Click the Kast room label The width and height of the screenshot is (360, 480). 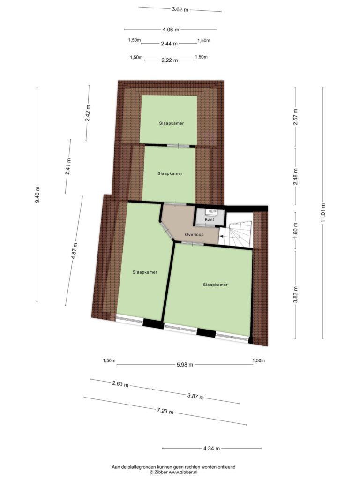coord(210,219)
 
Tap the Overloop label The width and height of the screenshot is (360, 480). coord(194,235)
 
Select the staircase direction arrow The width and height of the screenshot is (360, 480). coord(221,236)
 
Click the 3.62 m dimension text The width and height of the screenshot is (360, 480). coord(180,9)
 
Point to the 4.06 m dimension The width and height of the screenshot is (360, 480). coord(171,30)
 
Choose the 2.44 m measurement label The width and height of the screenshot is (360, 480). coord(169,44)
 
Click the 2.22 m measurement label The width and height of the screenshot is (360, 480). coord(170,60)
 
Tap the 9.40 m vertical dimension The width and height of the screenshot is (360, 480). coord(37,195)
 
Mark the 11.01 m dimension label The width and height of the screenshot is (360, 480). coord(323,213)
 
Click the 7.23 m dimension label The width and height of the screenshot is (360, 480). coord(165,411)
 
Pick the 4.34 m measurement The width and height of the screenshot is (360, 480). coord(211,449)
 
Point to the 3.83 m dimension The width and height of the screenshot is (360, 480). coord(295,294)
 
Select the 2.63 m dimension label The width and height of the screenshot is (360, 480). coord(120,384)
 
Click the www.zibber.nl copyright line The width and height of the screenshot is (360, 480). coord(173,472)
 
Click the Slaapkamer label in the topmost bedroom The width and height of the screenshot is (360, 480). coord(172,123)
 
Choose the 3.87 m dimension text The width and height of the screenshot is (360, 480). coord(195,397)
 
